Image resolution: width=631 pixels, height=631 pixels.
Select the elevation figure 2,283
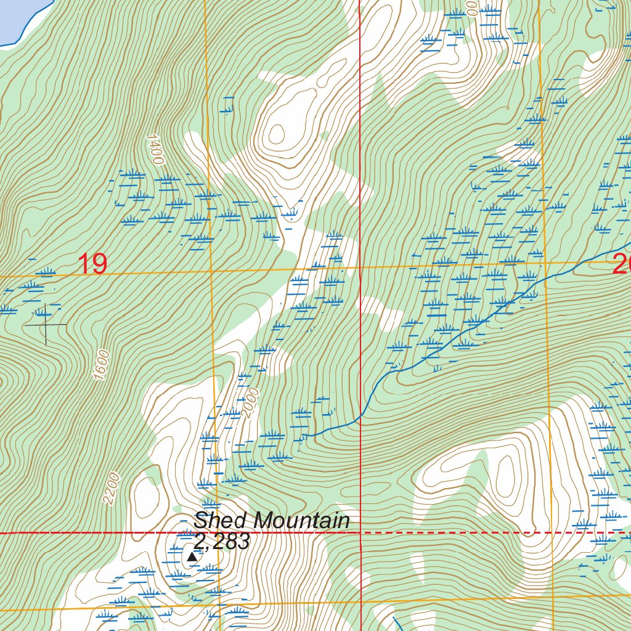[x=221, y=542]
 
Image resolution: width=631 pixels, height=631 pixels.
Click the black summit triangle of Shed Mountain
[x=192, y=557]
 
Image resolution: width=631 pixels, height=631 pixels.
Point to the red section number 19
[x=92, y=265]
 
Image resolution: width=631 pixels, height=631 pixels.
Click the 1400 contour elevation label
[x=156, y=150]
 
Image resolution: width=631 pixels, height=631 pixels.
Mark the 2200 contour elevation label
[x=112, y=489]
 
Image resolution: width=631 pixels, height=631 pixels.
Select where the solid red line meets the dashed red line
[x=360, y=532]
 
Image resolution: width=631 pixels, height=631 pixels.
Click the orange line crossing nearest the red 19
[x=211, y=271]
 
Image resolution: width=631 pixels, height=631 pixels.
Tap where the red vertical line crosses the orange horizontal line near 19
[x=360, y=267]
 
